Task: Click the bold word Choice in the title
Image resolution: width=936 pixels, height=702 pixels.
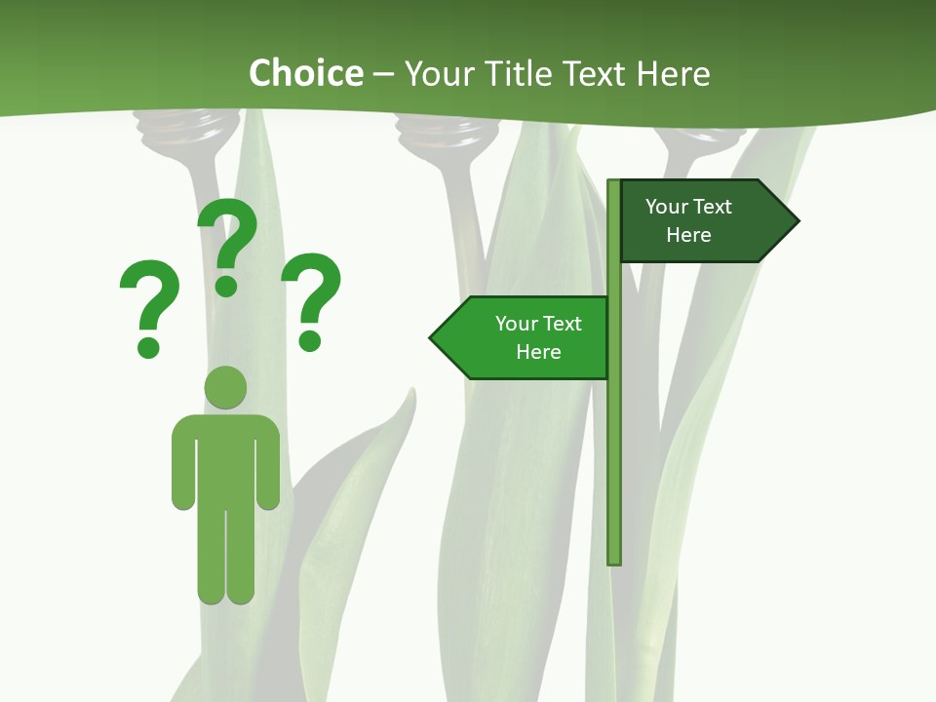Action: click(305, 73)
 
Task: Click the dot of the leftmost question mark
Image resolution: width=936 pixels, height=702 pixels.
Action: click(148, 346)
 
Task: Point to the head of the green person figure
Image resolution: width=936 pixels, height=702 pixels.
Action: click(225, 388)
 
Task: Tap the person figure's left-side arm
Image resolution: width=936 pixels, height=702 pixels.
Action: click(183, 463)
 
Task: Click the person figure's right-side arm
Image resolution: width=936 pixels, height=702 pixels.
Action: click(268, 463)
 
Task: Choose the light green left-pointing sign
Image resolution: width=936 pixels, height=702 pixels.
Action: click(526, 338)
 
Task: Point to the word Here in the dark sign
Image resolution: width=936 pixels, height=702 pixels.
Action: click(688, 235)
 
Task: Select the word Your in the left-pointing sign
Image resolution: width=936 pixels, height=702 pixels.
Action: click(516, 324)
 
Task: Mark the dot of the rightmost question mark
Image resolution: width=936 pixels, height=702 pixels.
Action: click(310, 339)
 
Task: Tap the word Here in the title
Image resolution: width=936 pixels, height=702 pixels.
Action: click(674, 73)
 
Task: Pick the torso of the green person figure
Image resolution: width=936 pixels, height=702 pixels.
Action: click(225, 458)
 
